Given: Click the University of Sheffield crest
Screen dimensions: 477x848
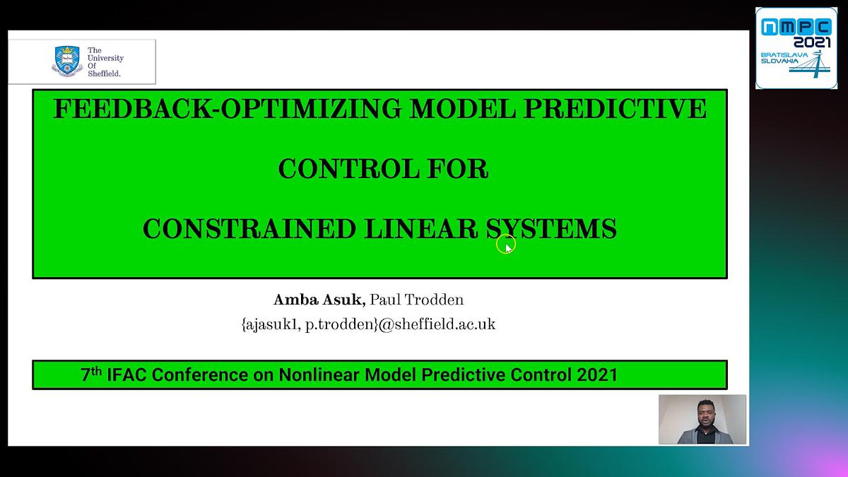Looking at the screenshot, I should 67,61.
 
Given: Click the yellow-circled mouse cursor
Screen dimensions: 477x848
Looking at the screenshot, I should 505,245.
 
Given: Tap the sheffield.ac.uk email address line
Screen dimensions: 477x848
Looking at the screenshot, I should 368,324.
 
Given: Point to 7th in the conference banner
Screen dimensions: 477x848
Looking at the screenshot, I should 91,375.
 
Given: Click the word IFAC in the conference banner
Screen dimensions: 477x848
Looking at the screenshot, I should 127,375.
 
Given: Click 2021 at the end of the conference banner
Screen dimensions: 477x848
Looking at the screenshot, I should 597,375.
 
